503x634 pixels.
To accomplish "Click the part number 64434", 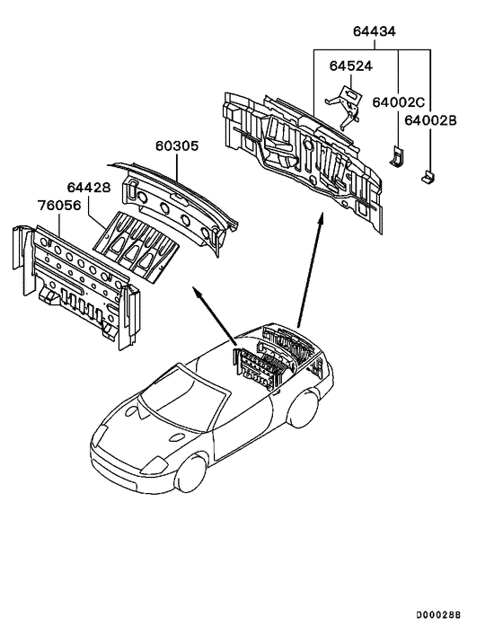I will [x=372, y=33].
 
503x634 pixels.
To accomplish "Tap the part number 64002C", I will [x=400, y=101].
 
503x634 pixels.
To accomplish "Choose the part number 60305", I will [x=176, y=145].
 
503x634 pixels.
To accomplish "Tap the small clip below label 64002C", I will [x=395, y=154].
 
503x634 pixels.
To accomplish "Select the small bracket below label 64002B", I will [x=428, y=175].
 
